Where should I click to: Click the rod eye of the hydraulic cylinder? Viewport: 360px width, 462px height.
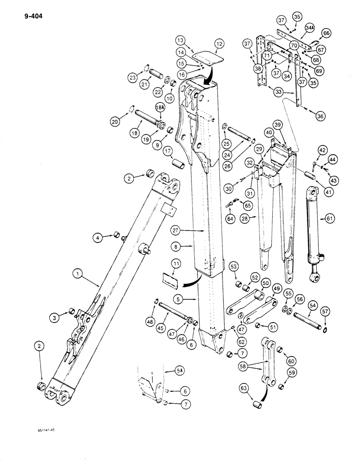(x=316, y=278)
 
